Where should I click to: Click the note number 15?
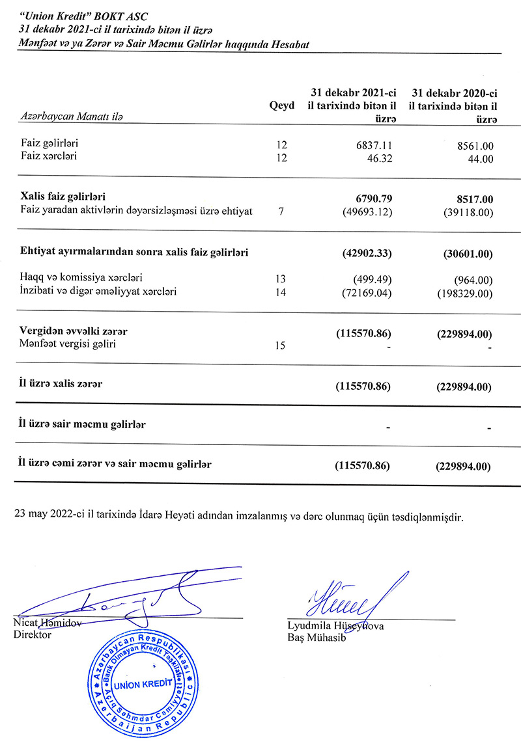[x=281, y=346]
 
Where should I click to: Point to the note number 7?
[x=281, y=211]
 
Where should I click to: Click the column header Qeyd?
[x=281, y=105]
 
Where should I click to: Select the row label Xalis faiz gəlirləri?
[x=63, y=196]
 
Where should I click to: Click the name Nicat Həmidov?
[x=48, y=623]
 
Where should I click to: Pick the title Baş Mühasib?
[x=317, y=638]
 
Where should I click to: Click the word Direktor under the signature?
[x=33, y=635]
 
